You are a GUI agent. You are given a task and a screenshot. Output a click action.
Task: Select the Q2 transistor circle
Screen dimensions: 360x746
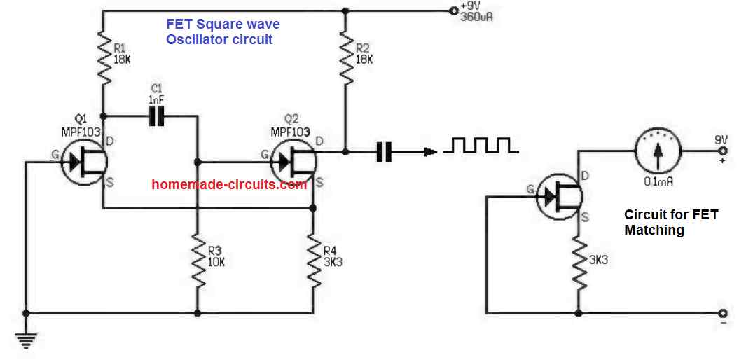click(x=293, y=162)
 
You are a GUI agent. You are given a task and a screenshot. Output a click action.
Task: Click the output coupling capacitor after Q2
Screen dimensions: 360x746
click(x=384, y=151)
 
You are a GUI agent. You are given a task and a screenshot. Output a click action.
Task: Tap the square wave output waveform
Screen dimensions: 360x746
click(x=484, y=145)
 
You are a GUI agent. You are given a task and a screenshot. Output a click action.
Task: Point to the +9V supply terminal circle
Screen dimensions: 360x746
click(x=452, y=11)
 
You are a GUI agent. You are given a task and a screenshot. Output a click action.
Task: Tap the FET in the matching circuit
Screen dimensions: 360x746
click(x=558, y=197)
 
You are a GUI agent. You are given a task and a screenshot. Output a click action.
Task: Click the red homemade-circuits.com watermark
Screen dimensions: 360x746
click(x=229, y=185)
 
